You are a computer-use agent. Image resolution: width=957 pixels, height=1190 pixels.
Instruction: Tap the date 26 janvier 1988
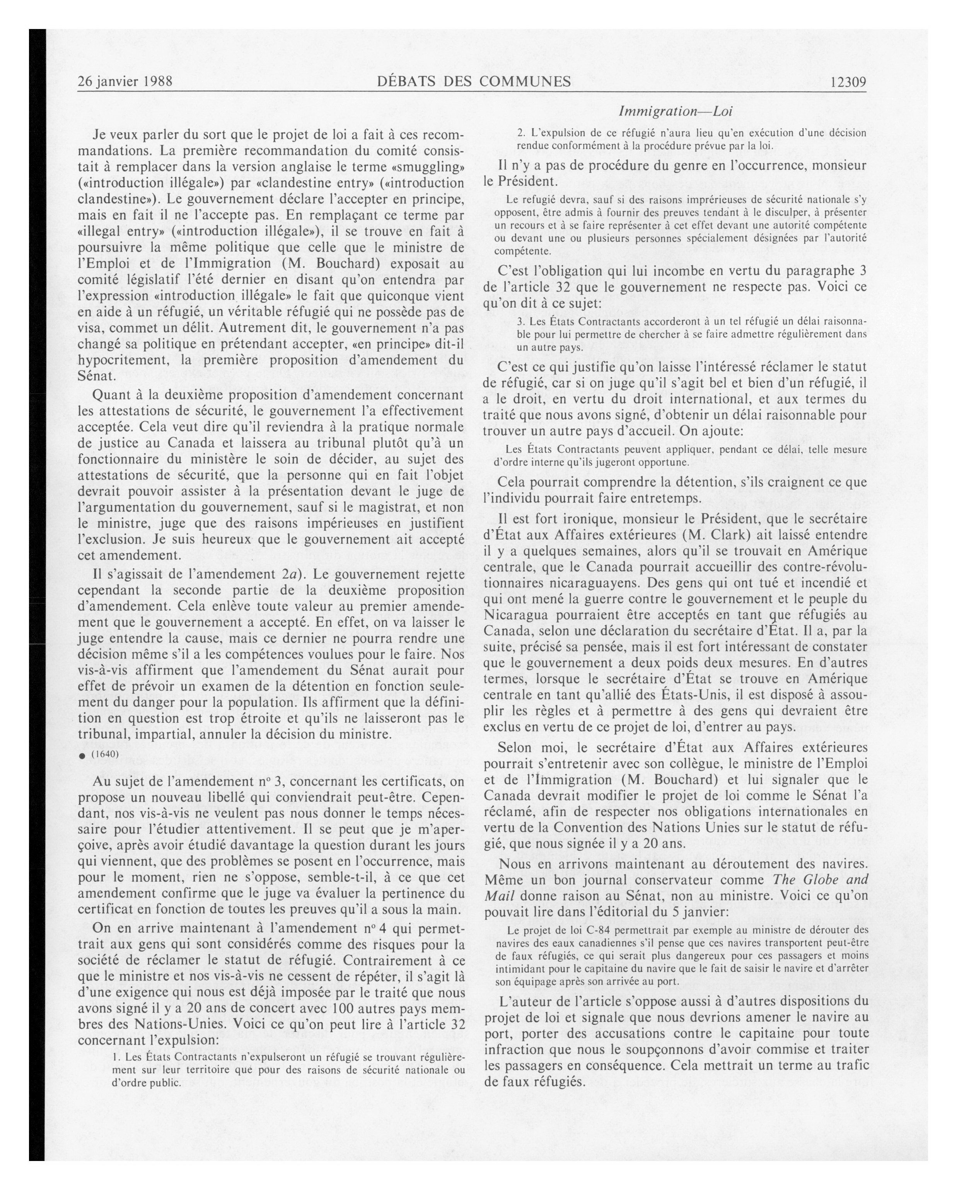click(125, 82)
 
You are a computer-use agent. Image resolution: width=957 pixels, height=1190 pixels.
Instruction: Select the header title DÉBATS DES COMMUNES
click(474, 82)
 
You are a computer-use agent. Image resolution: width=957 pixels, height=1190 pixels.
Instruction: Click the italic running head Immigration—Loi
click(675, 111)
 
